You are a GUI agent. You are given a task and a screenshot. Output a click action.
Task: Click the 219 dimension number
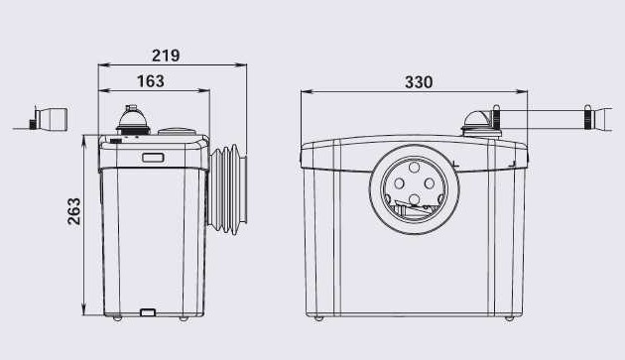point(166,56)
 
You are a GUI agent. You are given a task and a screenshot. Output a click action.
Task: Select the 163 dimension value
point(151,81)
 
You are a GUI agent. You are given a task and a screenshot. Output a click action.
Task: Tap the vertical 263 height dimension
point(74,211)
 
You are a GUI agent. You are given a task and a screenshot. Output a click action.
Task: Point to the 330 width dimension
point(419,82)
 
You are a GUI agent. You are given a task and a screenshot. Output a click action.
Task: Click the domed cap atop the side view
point(133,119)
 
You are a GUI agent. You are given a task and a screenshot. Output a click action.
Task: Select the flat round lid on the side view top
point(177,131)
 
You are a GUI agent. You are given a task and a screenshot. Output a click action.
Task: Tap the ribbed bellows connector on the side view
point(227,188)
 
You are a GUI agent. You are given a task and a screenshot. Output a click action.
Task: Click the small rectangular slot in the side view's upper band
point(153,158)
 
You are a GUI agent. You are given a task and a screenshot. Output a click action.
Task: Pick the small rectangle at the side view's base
point(148,312)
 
